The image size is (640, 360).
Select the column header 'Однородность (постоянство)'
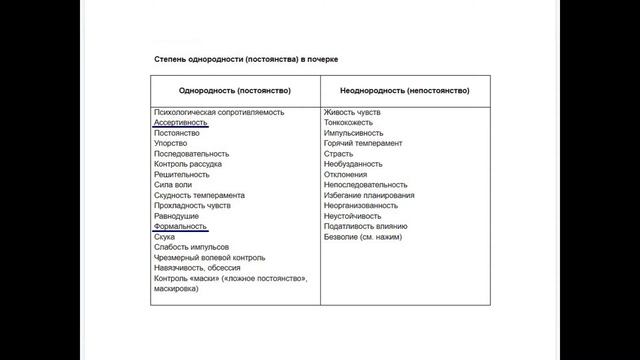(235, 90)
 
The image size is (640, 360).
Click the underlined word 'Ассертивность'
(181, 122)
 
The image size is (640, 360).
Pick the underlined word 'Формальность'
(181, 226)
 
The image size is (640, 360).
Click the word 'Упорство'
(171, 143)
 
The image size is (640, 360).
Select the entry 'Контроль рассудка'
(188, 164)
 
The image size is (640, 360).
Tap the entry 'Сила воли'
(174, 185)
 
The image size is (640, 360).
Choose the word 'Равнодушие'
(176, 216)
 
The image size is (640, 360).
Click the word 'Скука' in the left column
(165, 237)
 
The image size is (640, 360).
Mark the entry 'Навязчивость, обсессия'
(196, 268)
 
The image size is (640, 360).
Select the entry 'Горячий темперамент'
(363, 143)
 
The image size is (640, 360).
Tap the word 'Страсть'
(340, 153)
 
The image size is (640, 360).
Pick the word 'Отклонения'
(346, 174)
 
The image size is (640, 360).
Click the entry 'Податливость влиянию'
(364, 226)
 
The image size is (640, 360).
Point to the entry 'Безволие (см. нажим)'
(362, 237)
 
